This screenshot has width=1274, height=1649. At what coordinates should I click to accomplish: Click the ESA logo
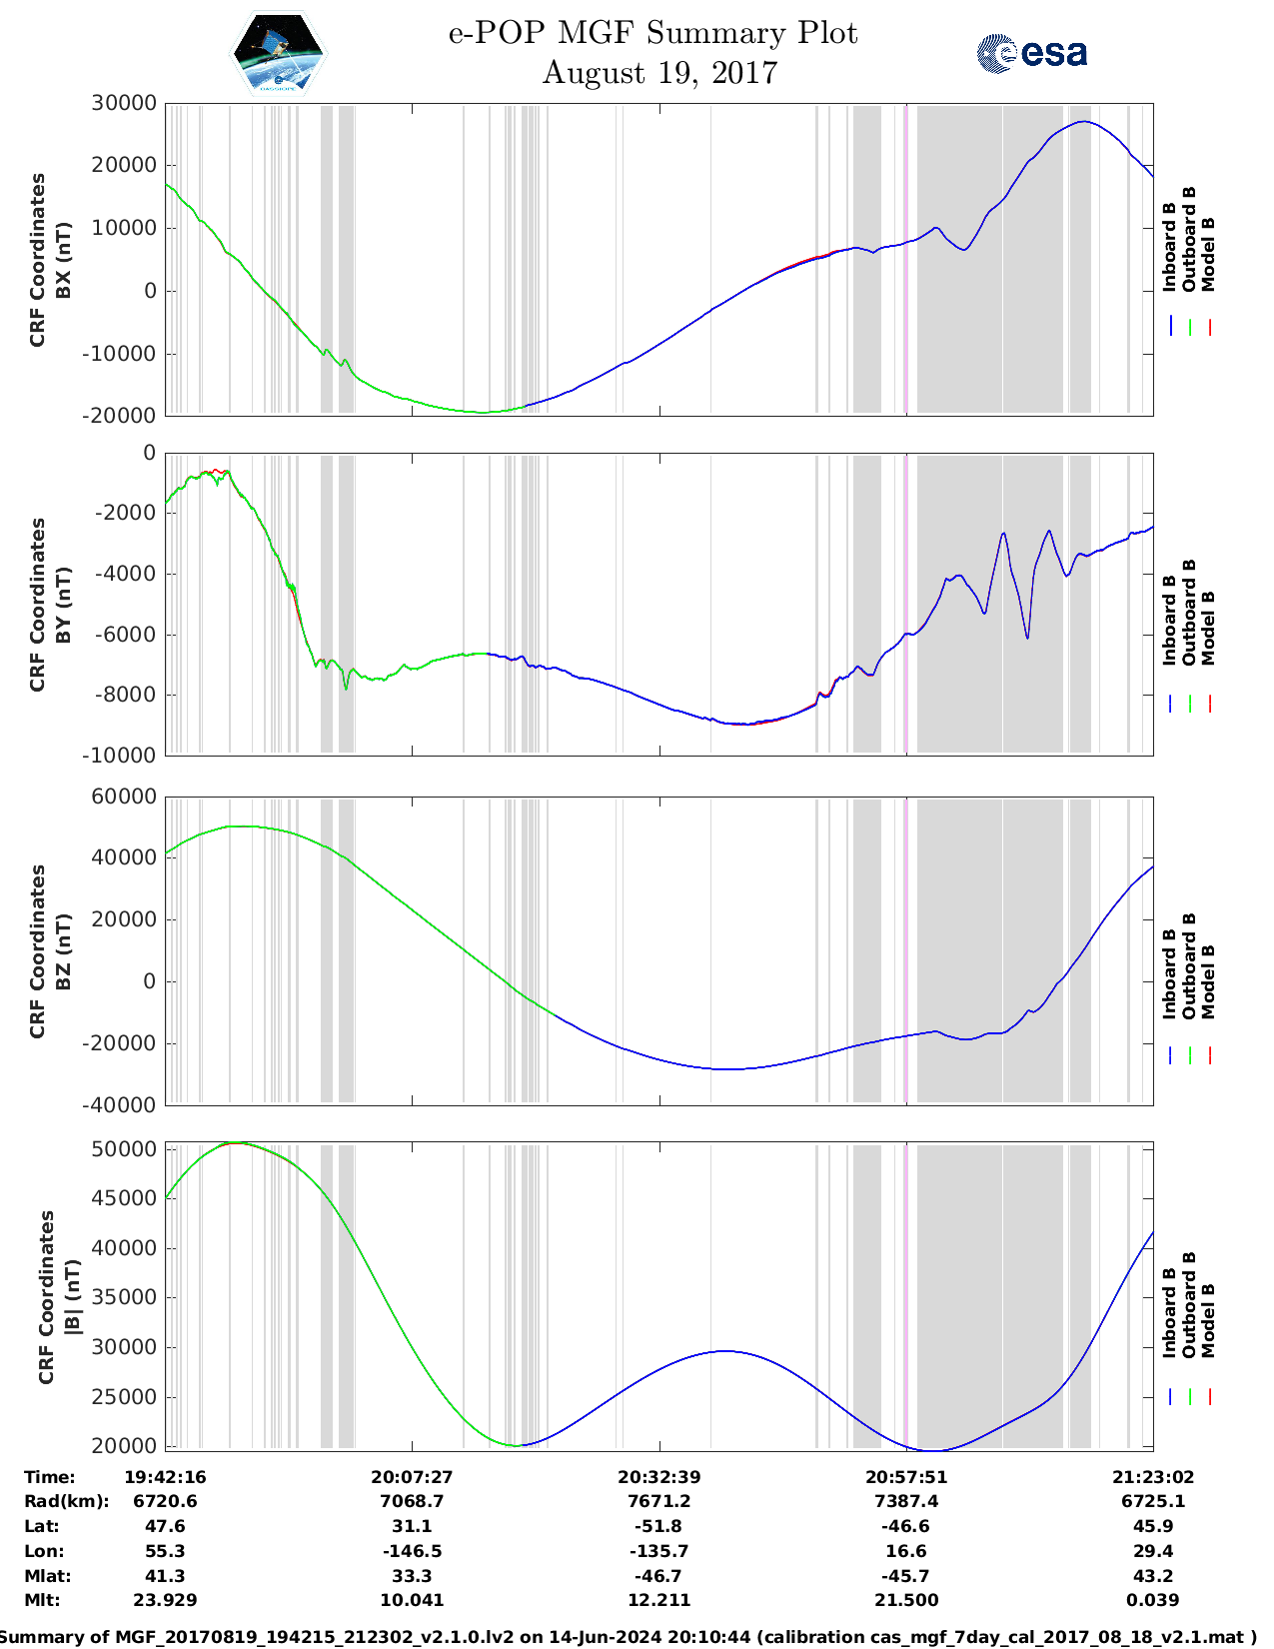coord(1032,53)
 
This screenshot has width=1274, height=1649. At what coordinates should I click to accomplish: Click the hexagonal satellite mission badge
coord(279,53)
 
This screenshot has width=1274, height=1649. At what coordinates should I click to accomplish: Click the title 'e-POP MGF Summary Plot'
coord(652,33)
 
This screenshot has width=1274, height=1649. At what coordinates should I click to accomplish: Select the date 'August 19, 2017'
coord(659,73)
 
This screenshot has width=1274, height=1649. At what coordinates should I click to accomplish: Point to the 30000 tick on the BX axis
coord(123,103)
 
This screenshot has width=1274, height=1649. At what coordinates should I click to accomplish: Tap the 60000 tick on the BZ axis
coord(123,797)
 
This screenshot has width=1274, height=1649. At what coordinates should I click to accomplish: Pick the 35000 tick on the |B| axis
coord(123,1297)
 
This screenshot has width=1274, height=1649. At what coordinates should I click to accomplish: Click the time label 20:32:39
coord(658,1477)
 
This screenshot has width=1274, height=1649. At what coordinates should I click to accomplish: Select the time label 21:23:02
coord(1153,1477)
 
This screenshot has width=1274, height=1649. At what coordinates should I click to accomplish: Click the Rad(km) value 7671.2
coord(658,1501)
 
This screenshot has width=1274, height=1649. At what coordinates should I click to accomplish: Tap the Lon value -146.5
coord(412,1551)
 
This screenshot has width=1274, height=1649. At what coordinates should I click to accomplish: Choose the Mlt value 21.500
coord(906,1600)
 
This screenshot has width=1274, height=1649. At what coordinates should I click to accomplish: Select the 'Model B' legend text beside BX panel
coord(1208,254)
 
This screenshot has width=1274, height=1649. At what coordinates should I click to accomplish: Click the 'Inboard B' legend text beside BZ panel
coord(1170,974)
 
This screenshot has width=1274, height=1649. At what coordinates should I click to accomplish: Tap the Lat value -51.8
coord(658,1526)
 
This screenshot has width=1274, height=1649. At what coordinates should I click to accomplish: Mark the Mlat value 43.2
coord(1153,1576)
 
